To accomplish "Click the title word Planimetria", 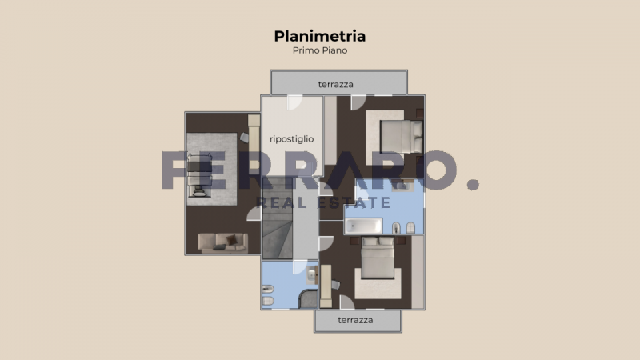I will (320, 36).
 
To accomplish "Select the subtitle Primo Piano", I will (320, 50).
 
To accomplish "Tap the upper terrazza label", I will (335, 84).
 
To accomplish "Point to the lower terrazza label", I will (356, 320).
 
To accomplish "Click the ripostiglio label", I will (291, 138).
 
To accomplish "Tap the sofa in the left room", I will (222, 241).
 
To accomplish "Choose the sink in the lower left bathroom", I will (267, 273).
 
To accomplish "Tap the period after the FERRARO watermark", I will (473, 184).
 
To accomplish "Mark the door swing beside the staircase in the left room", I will (253, 213).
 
